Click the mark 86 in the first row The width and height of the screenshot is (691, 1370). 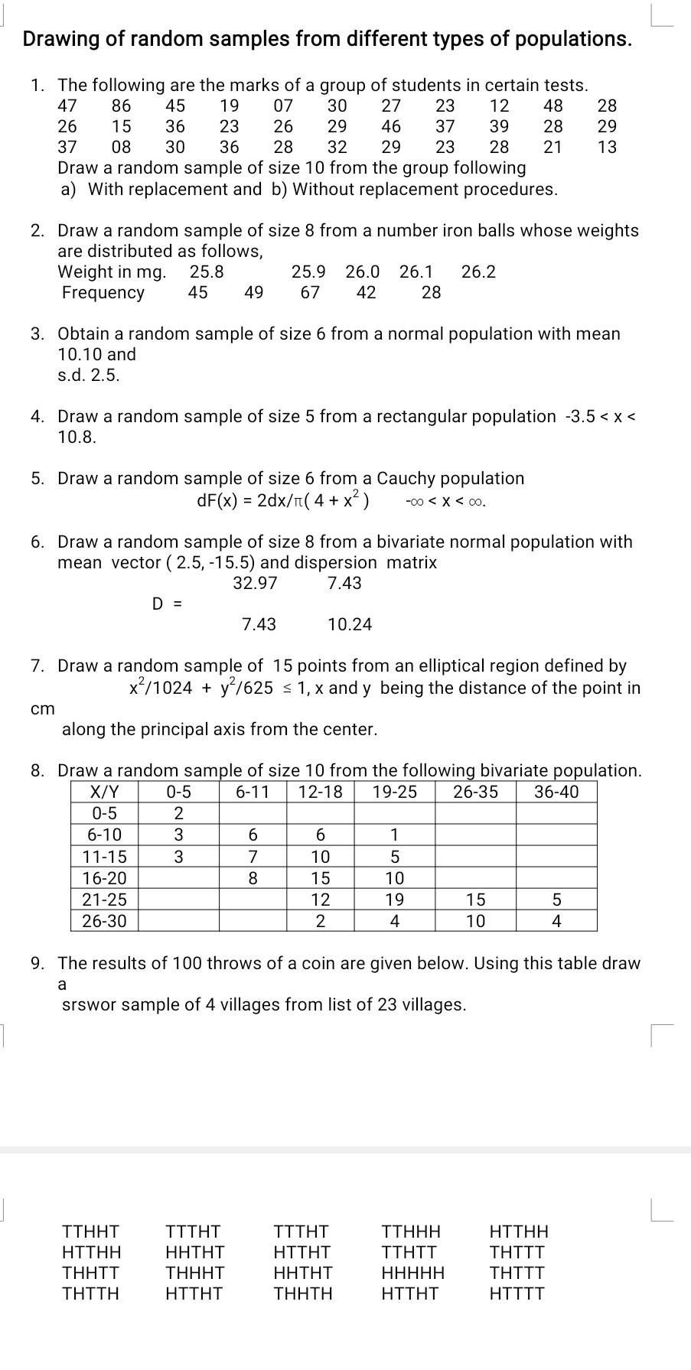point(121,106)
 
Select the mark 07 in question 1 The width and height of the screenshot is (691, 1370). point(283,106)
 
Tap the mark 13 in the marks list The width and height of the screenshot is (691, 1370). point(607,147)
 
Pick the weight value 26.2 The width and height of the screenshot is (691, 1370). point(478,272)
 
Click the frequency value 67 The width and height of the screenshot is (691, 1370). point(310,292)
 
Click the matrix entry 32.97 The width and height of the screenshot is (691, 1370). point(255,583)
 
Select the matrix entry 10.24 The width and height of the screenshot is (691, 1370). point(349,625)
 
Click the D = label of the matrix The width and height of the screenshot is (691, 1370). point(167,604)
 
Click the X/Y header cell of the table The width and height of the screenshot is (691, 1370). point(105,792)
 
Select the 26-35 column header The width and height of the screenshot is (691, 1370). point(475,792)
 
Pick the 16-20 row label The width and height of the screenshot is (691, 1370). point(105,878)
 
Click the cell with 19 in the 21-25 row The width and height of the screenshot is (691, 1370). point(394,900)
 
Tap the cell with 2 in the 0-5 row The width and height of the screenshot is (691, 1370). point(178,813)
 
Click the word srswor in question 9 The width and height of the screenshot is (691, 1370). point(86,1004)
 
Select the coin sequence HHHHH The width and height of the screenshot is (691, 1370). point(412,1274)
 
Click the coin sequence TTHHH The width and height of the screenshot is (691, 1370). point(411,1232)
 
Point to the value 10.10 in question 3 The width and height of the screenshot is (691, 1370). point(80,354)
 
